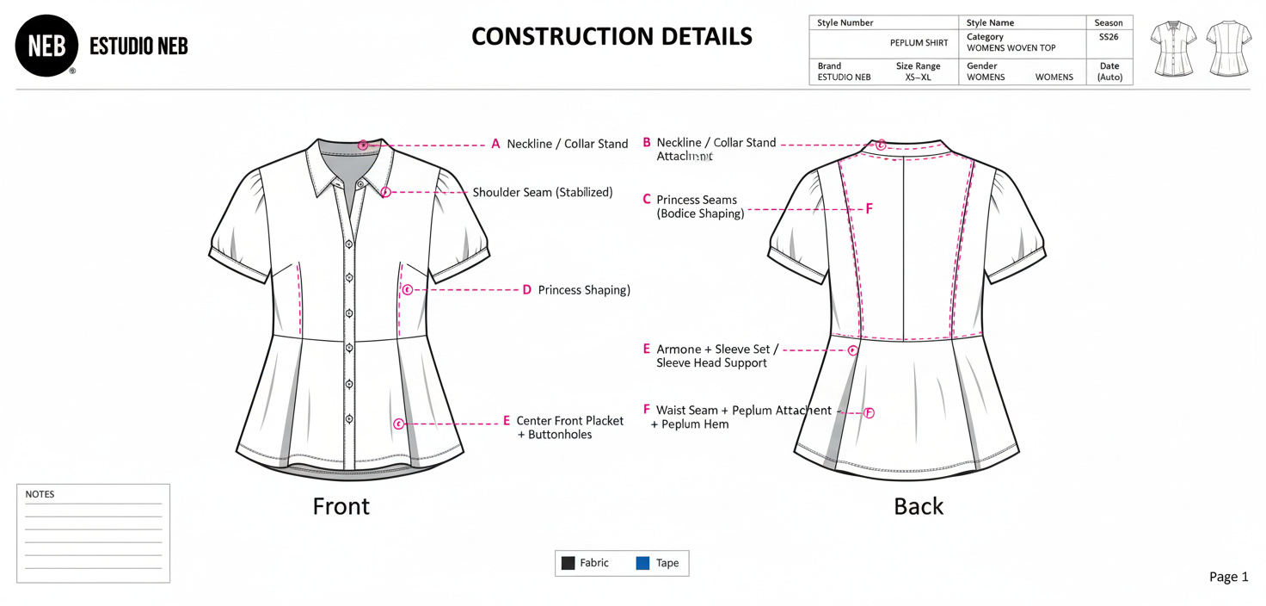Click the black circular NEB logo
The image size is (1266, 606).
(x=46, y=46)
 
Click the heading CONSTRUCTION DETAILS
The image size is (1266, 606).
(x=611, y=36)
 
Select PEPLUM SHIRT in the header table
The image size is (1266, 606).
(x=919, y=42)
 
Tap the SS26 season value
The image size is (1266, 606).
(x=1109, y=37)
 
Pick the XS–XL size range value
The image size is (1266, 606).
(x=918, y=77)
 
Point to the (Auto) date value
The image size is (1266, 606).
(x=1109, y=77)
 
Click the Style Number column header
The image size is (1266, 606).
(x=845, y=23)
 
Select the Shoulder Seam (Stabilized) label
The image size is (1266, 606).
(x=542, y=193)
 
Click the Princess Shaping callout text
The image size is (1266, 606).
(x=584, y=290)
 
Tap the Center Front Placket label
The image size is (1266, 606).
(x=569, y=421)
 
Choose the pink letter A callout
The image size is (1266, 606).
(x=495, y=144)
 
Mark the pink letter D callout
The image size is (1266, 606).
(x=527, y=290)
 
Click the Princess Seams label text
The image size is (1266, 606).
(x=696, y=200)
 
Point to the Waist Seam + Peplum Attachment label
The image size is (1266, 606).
(x=743, y=411)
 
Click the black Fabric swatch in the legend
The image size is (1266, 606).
(x=568, y=563)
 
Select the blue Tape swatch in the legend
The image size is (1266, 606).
(x=642, y=563)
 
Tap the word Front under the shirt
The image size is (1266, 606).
(x=341, y=506)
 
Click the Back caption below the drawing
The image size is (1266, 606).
(x=918, y=506)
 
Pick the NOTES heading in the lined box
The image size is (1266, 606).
(x=40, y=494)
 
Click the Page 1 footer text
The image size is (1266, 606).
(x=1228, y=577)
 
